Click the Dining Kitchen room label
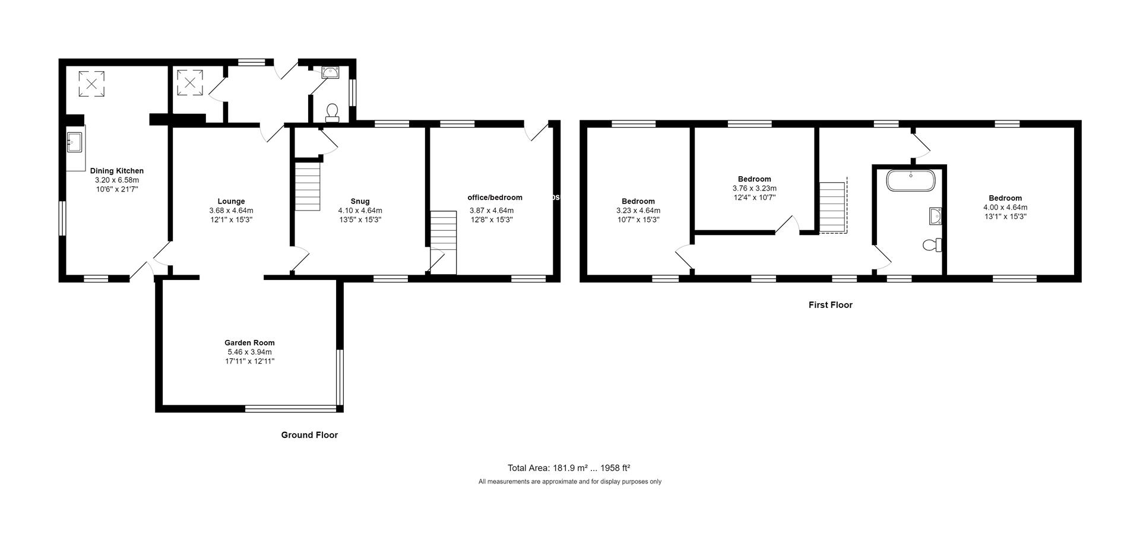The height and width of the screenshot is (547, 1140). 117,171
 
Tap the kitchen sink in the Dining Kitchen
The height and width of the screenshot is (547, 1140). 74,142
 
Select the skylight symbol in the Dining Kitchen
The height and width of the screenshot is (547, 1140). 91,83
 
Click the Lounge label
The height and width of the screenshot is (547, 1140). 231,201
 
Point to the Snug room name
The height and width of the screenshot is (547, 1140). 360,201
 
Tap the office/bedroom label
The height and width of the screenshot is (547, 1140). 495,198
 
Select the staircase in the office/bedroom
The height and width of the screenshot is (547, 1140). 444,243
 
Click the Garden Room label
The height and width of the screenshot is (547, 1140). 249,342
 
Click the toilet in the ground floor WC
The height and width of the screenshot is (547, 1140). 332,113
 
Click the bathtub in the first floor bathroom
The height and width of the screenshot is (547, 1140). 910,180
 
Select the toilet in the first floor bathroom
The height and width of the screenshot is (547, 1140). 933,244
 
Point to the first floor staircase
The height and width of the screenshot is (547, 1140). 832,208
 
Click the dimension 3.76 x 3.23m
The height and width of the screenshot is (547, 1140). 755,189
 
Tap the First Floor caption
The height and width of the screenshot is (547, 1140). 830,305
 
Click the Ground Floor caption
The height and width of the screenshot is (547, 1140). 309,435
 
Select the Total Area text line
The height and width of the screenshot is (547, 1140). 569,468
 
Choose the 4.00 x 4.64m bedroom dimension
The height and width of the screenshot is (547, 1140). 1005,208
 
